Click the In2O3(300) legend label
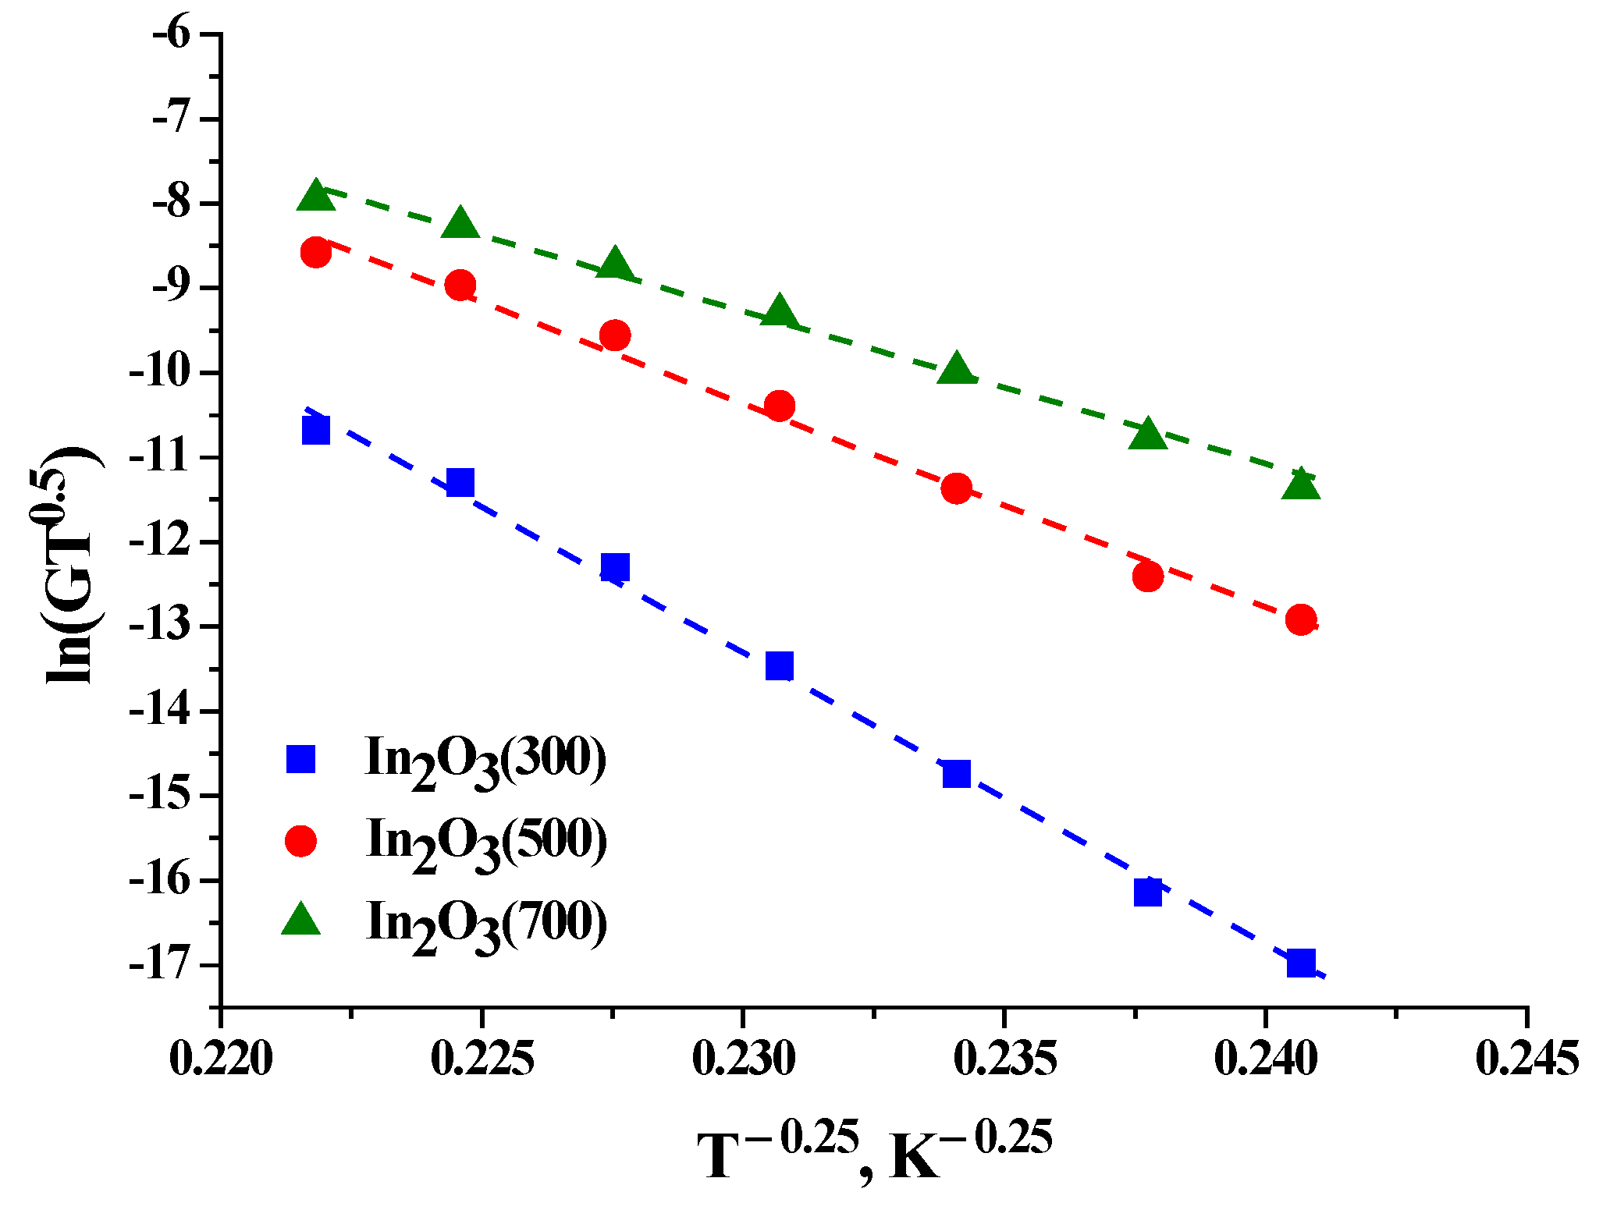[485, 759]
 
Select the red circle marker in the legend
[300, 840]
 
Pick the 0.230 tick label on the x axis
[744, 1059]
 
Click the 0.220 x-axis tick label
[222, 1059]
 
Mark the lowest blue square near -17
[1301, 962]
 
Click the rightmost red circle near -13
[1301, 619]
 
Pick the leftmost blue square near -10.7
[315, 430]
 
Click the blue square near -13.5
[779, 665]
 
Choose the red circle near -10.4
[779, 406]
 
